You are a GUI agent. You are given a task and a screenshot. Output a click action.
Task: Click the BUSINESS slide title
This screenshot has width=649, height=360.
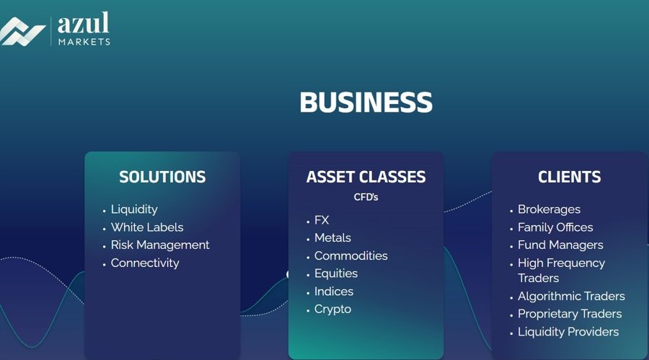(366, 102)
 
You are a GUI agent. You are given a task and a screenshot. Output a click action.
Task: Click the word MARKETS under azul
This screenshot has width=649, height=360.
(84, 42)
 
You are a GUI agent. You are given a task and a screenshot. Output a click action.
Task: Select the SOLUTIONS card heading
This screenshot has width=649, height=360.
(162, 177)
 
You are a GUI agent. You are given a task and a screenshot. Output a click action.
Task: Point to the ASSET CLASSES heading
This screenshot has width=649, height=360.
(366, 177)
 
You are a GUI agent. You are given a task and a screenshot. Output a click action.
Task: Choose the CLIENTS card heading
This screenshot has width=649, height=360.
(569, 177)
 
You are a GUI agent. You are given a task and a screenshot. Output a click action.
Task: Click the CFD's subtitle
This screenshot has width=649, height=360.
(366, 197)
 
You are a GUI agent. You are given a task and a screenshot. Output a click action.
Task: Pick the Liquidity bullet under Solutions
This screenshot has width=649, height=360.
(134, 209)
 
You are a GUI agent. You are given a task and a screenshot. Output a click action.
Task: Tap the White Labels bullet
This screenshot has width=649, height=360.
(147, 227)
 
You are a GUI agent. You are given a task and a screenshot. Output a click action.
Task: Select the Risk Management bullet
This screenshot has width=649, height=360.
(160, 245)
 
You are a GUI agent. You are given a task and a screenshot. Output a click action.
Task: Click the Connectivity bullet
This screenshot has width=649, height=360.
(145, 263)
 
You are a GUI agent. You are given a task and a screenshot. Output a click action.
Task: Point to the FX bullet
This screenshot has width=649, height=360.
(322, 220)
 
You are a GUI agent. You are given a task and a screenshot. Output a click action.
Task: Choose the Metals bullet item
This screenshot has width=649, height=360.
(332, 238)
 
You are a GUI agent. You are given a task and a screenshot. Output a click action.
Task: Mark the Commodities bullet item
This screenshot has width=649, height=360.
(350, 256)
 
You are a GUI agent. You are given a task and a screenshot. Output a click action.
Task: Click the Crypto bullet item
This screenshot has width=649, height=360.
(332, 309)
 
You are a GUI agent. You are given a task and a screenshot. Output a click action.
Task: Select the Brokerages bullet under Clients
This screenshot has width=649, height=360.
(549, 209)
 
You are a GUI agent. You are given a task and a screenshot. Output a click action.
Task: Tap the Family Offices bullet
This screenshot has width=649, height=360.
(555, 227)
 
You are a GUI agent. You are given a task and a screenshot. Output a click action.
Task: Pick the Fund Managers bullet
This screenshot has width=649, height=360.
(560, 245)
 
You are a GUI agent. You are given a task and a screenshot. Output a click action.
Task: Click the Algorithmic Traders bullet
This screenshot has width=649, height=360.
(571, 297)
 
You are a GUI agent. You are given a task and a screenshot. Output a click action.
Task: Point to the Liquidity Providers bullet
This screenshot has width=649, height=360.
(568, 332)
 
